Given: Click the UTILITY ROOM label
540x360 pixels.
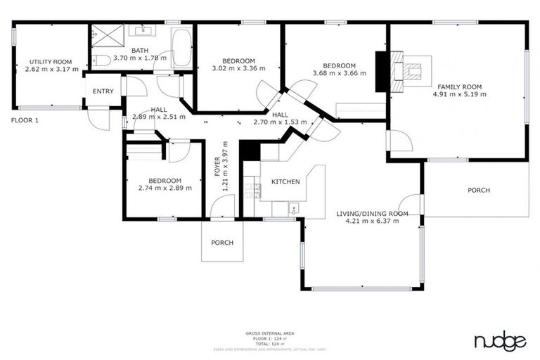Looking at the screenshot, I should (x=47, y=61).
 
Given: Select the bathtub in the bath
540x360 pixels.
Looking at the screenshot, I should (x=181, y=49).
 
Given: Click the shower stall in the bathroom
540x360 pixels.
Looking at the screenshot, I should (x=107, y=35).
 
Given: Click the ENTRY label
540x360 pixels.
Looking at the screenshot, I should (x=103, y=91).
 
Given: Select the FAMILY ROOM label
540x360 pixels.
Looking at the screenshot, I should (x=459, y=86).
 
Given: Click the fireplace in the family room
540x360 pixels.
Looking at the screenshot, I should (x=406, y=70).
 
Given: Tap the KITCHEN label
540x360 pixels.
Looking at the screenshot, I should (x=285, y=182).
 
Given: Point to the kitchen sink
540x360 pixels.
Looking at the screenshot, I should (x=294, y=207).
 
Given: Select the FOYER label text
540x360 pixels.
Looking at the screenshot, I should (x=217, y=167).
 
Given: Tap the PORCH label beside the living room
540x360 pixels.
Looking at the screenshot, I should (x=479, y=190).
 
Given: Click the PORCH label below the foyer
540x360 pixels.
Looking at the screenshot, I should (x=222, y=243).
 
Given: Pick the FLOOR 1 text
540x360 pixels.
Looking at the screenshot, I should (x=25, y=120).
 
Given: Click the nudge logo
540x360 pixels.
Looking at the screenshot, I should (x=500, y=342).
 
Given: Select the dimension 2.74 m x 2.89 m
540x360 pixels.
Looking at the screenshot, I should (x=160, y=188).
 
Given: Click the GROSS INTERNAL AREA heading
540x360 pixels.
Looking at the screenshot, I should (x=270, y=333).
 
